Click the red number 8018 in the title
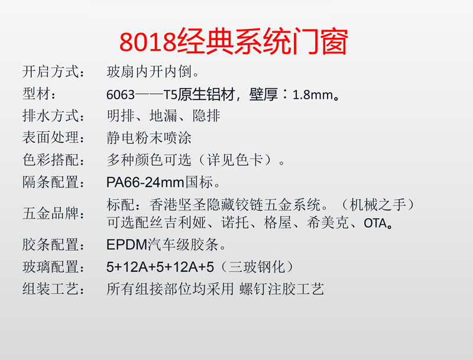pos(147,41)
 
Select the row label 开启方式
pos(51,72)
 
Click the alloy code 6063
pos(121,95)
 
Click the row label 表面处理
pos(51,138)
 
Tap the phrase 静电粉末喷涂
pos(149,138)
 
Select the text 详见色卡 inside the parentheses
pos(235,160)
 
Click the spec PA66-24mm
pos(145,183)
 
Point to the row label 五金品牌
pos(51,213)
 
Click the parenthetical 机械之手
pos(378,205)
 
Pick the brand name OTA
pos(375,223)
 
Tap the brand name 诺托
pos(235,223)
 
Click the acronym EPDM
pos(127,245)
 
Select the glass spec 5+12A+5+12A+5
pos(160,267)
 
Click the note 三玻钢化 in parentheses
pos(257,267)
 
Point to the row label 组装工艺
pos(51,289)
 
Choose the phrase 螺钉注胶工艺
pos(282,289)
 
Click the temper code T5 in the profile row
pos(170,95)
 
